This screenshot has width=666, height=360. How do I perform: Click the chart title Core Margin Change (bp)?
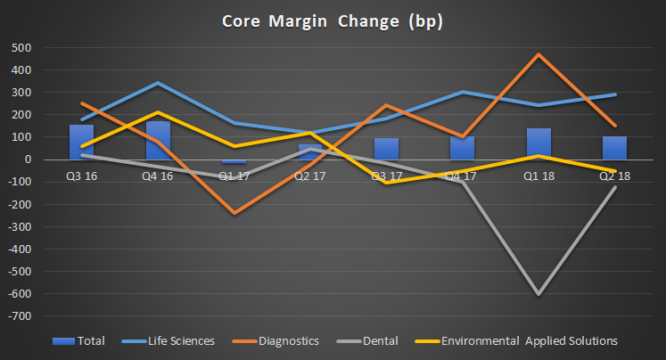[333, 20]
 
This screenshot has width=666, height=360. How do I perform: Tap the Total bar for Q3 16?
[82, 143]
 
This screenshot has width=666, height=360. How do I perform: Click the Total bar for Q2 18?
[614, 148]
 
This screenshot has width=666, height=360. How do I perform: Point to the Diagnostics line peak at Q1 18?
[539, 54]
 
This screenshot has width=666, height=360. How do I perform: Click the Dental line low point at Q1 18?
[539, 294]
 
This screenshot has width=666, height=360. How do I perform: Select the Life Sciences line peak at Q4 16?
[158, 83]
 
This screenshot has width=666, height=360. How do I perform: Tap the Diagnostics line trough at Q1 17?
[234, 213]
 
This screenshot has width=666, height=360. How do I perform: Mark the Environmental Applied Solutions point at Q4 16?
[158, 112]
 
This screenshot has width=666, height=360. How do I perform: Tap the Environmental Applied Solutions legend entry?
[526, 340]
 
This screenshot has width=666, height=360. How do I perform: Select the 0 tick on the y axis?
[29, 160]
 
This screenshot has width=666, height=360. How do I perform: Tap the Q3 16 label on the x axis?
[82, 176]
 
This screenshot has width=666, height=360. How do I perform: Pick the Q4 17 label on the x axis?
[463, 176]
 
